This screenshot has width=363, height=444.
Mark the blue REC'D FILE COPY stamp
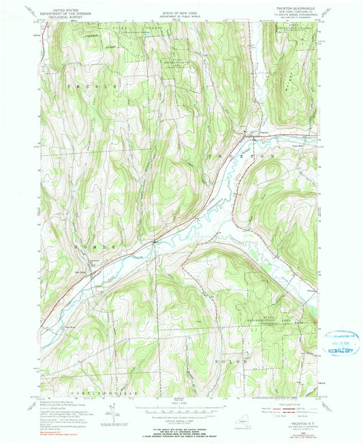click(345, 345)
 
